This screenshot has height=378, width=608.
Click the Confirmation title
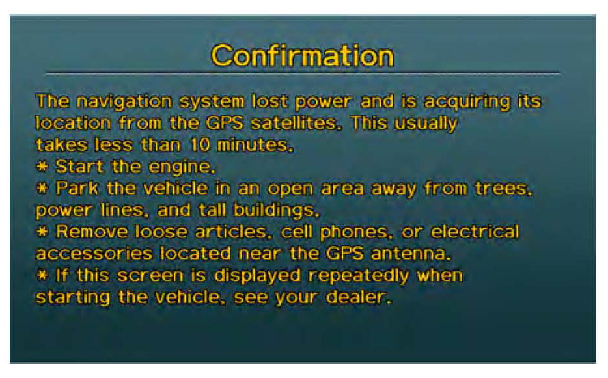coord(303,56)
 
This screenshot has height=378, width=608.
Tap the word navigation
coord(124,102)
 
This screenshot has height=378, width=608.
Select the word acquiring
coord(467,102)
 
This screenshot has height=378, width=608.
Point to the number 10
coord(200,145)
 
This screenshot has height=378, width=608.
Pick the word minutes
coord(255,145)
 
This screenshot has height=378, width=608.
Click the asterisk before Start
coord(42,167)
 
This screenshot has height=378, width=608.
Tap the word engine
coord(182,167)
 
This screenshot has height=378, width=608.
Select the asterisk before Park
coord(42,189)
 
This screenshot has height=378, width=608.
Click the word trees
coord(504,189)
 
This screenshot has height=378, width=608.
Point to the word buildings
coord(276,211)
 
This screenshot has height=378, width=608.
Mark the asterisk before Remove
coord(42,232)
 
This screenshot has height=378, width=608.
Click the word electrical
coord(475,232)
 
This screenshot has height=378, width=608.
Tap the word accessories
coord(94,254)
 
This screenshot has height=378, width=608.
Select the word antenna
coord(411,254)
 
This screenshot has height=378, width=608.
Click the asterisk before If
coord(42,275)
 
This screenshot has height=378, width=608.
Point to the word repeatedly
coord(359,276)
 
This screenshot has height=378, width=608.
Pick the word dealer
coord(359,297)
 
